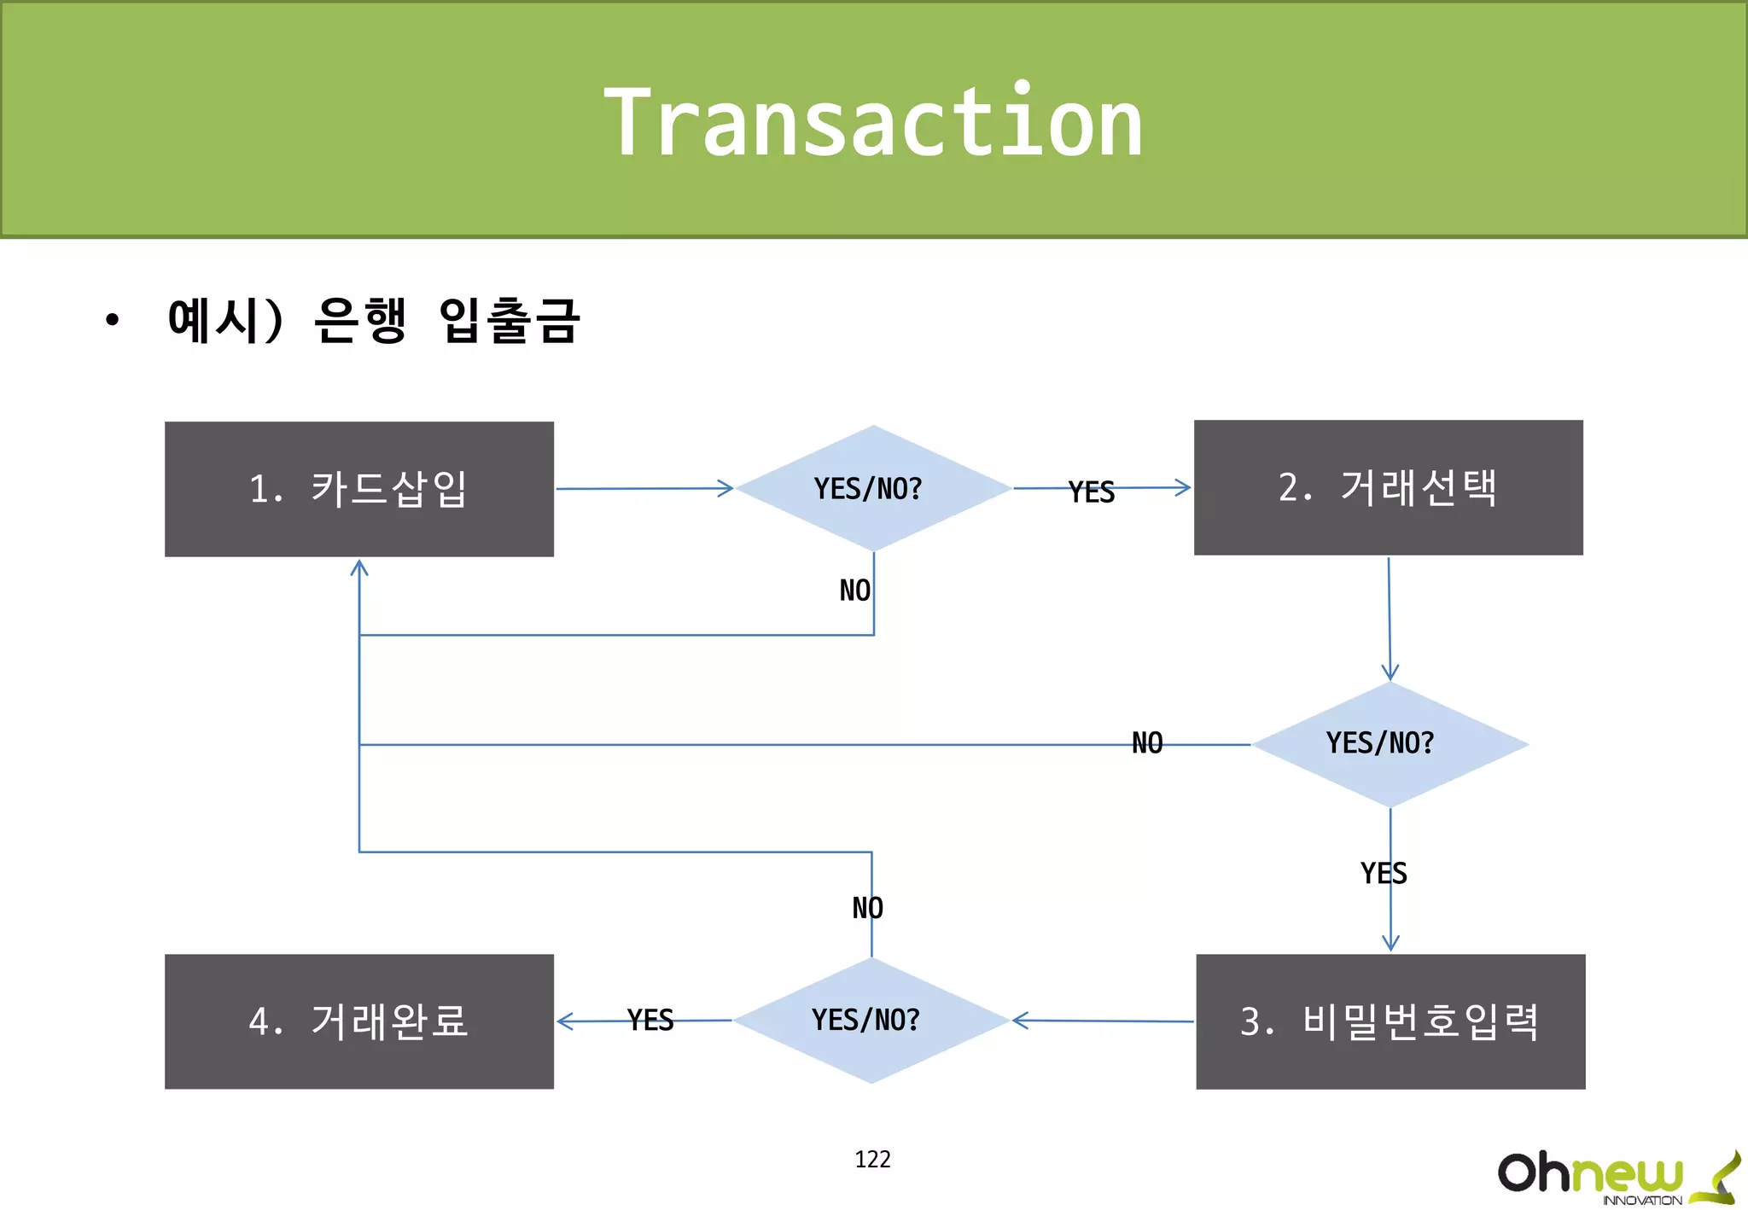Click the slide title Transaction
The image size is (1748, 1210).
[872, 122]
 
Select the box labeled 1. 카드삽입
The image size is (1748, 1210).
[358, 489]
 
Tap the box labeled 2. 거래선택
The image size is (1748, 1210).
[1388, 487]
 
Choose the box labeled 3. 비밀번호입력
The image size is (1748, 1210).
[1390, 1021]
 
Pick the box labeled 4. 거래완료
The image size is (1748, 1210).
[358, 1021]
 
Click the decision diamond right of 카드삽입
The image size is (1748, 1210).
[872, 488]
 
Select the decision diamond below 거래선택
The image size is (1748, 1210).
[1389, 744]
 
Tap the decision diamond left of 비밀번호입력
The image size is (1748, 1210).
[871, 1020]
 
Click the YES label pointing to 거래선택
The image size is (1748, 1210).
[1092, 492]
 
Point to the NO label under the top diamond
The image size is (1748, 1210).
[854, 590]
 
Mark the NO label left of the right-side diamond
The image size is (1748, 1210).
[1147, 743]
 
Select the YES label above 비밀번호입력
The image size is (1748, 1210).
[1383, 873]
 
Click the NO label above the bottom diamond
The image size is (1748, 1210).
[867, 908]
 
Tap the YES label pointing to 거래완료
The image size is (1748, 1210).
[650, 1020]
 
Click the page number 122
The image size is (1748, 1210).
[872, 1159]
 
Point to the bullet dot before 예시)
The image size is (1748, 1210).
[112, 321]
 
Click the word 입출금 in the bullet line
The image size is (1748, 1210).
[510, 321]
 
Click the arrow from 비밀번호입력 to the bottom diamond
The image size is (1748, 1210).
[1101, 1020]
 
